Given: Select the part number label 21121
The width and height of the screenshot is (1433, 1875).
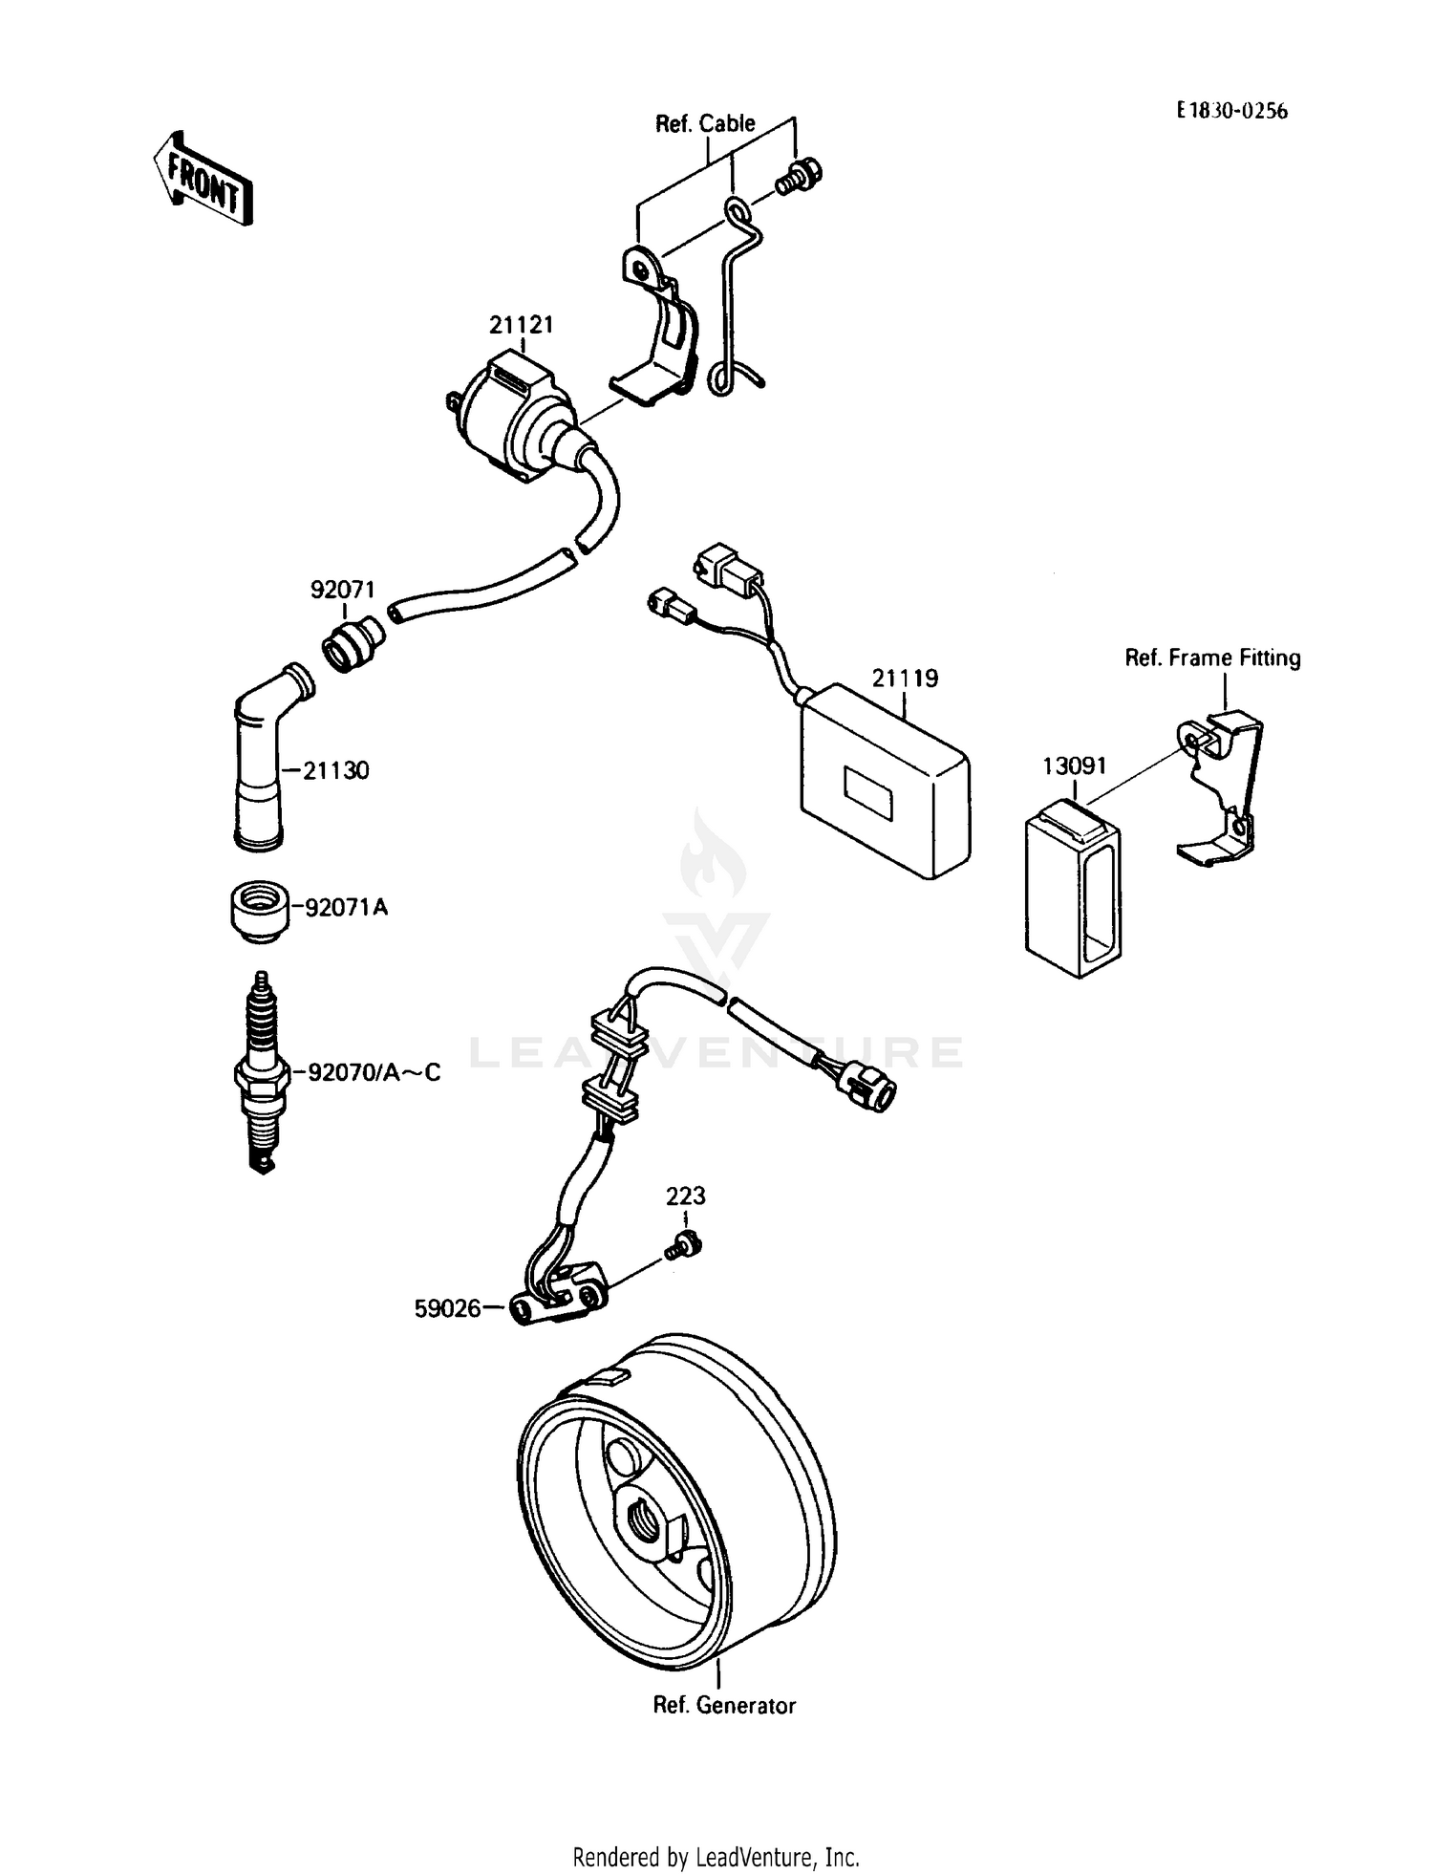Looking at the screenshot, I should click(521, 325).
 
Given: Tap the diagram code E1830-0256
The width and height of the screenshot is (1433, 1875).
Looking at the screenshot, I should click(1231, 111).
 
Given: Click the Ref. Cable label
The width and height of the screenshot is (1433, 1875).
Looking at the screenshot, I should click(704, 123).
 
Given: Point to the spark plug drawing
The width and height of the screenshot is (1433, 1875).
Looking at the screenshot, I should click(261, 1072).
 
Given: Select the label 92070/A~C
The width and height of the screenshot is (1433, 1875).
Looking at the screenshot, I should click(373, 1072).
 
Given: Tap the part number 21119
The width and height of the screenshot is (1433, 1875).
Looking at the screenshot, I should click(904, 679).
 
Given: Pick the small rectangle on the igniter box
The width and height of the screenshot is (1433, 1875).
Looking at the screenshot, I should click(867, 794).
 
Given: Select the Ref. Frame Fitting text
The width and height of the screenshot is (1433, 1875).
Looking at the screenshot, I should click(1212, 657).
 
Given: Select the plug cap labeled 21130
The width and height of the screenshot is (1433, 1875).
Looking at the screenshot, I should click(261, 765).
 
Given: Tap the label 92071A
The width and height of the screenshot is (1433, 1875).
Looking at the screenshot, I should click(346, 907).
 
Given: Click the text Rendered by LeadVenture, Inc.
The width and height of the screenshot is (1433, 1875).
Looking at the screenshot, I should click(716, 1857).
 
